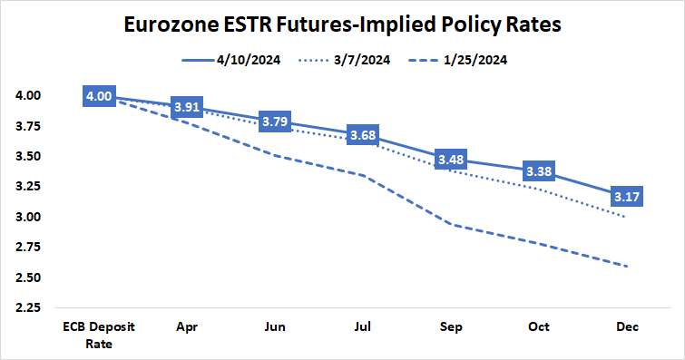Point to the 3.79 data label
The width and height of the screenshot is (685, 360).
[276, 122]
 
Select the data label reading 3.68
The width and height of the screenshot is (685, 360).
[363, 135]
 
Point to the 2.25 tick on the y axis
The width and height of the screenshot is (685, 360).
[27, 307]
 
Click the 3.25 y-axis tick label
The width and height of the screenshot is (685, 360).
[27, 186]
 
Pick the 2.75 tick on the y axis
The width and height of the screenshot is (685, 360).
[27, 247]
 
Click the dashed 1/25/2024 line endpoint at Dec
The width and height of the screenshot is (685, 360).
[627, 266]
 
